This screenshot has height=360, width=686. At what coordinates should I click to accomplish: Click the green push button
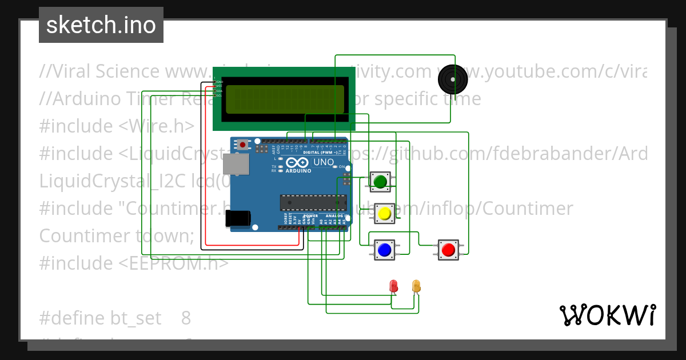pyautogui.click(x=380, y=182)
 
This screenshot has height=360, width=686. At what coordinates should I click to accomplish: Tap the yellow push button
pyautogui.click(x=384, y=214)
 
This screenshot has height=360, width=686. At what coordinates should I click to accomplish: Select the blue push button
pyautogui.click(x=384, y=250)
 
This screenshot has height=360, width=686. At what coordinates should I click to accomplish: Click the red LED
pyautogui.click(x=393, y=286)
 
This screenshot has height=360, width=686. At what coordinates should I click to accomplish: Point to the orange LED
pyautogui.click(x=416, y=285)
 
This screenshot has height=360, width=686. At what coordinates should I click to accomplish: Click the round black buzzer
pyautogui.click(x=452, y=79)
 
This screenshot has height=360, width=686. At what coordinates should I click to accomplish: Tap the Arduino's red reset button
pyautogui.click(x=244, y=145)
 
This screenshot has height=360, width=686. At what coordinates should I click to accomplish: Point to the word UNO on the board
pyautogui.click(x=324, y=162)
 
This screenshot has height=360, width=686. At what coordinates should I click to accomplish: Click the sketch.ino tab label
pyautogui.click(x=101, y=25)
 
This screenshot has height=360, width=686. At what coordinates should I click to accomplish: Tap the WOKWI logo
pyautogui.click(x=607, y=315)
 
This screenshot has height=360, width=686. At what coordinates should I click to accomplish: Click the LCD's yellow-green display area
pyautogui.click(x=285, y=99)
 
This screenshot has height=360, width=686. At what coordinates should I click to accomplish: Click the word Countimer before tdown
pyautogui.click(x=86, y=236)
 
